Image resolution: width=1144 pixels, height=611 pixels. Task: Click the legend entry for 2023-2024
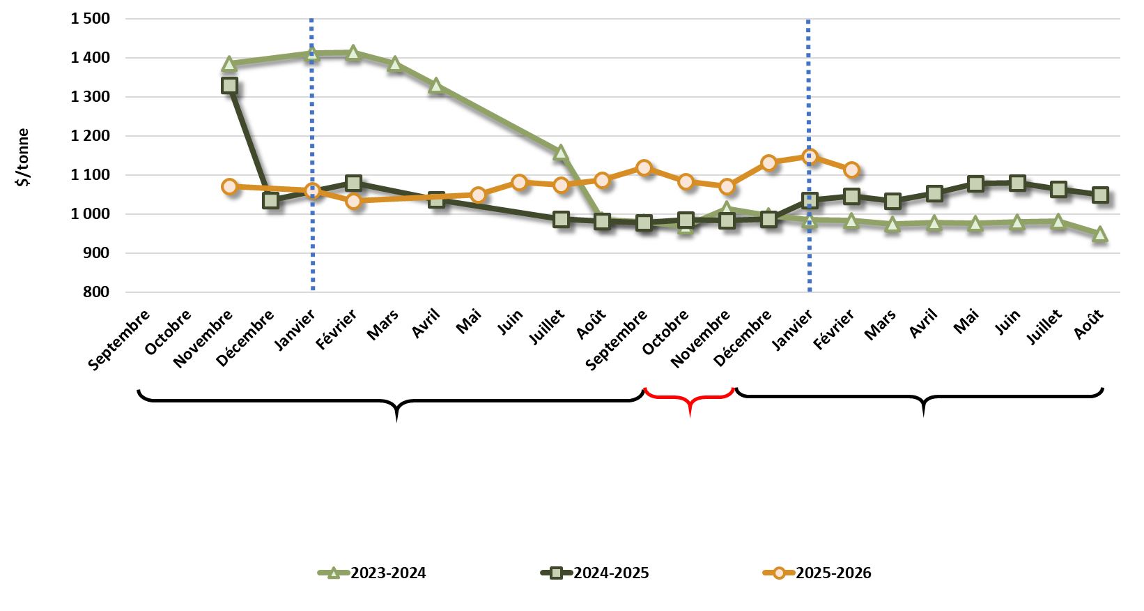373,573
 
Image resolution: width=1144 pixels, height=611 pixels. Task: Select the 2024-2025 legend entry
596,573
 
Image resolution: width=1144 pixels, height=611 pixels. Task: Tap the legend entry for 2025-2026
818,573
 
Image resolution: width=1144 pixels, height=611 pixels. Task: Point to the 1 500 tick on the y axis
90,19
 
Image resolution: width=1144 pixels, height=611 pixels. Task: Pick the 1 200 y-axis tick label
90,136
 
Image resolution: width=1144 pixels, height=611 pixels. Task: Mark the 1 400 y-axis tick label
90,58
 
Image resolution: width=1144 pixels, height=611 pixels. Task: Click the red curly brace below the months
689,399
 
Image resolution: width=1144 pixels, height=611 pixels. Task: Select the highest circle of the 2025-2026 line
810,156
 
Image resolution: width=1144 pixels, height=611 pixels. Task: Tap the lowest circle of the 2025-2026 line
353,201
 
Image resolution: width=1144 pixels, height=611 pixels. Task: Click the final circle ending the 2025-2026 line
851,169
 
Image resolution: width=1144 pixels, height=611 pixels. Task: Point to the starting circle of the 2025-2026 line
229,186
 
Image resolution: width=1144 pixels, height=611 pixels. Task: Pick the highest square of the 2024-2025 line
229,85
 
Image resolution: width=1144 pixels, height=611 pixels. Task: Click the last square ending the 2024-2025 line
1100,195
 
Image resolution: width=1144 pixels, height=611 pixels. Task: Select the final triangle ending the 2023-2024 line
1100,234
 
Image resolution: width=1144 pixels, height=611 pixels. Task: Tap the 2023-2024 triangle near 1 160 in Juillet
561,152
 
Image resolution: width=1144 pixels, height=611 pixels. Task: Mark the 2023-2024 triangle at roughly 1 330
436,86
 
